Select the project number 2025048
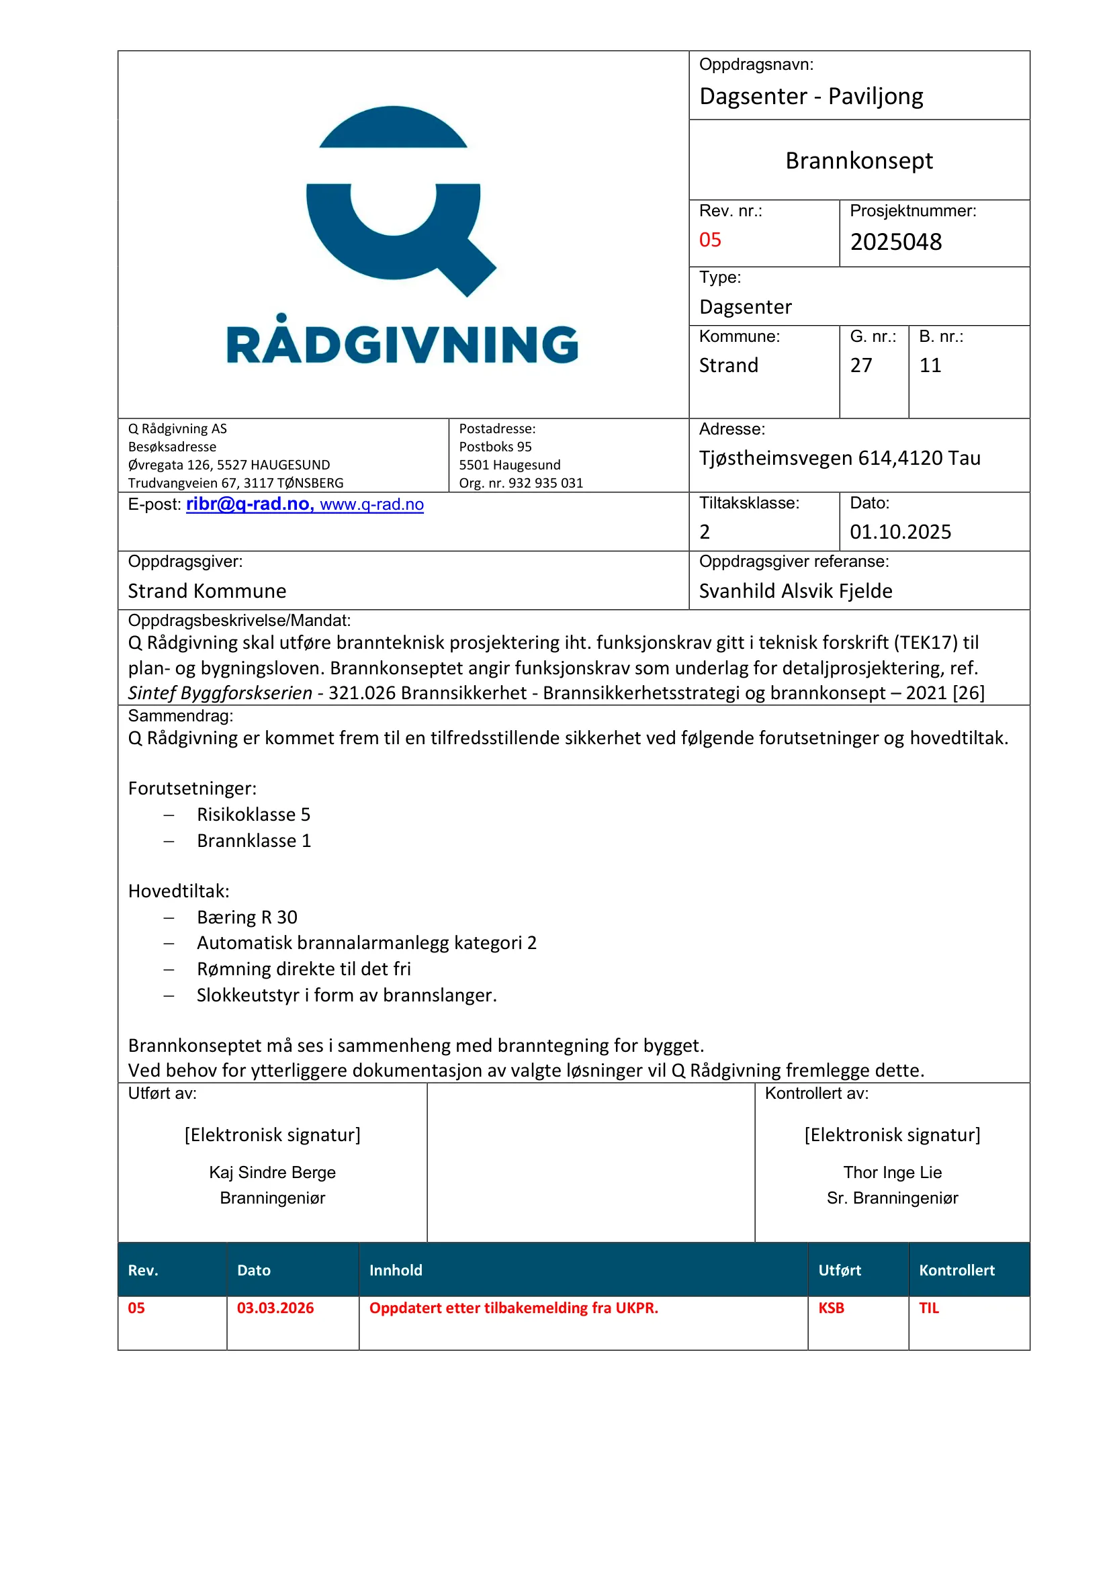coord(895,242)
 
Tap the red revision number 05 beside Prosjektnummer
coord(710,240)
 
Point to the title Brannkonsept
coord(858,161)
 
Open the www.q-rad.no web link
coord(371,505)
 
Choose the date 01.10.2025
coord(900,533)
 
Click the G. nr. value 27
coord(860,365)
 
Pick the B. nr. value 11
coord(930,365)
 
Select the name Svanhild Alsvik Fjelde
coord(795,591)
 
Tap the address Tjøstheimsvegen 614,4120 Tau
coord(840,459)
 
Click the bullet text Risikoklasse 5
coord(253,815)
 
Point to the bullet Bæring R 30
coord(247,917)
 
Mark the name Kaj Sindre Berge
coord(272,1173)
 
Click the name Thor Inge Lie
coord(892,1173)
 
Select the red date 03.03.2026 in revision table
coord(275,1308)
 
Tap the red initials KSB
coord(830,1308)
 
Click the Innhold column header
coord(396,1271)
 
